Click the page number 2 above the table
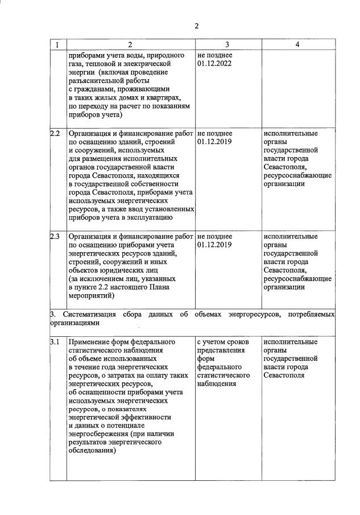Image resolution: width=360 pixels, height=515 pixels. [196, 26]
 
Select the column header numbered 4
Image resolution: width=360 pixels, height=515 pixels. [297, 44]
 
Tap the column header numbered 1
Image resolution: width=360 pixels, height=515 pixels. [57, 44]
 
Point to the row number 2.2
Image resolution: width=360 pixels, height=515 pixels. [55, 134]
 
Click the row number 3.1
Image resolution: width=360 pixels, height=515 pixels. [55, 342]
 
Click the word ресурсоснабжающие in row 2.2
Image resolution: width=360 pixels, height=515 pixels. [297, 176]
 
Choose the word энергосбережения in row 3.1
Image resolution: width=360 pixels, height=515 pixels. [97, 434]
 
